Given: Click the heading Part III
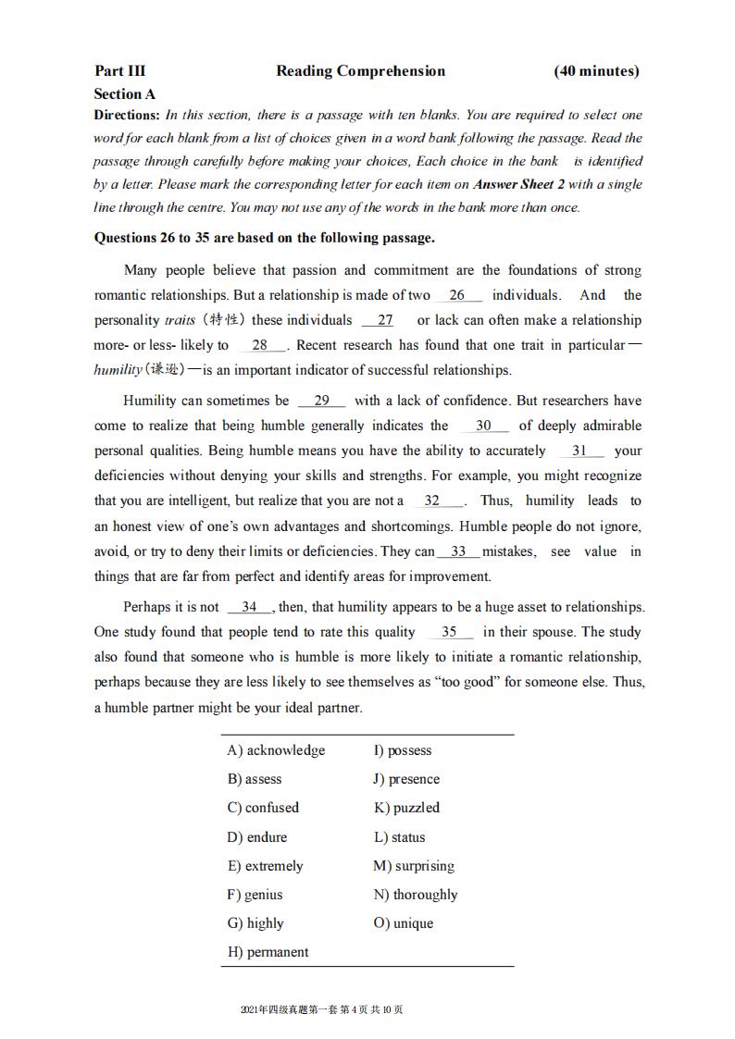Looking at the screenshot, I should [x=119, y=71].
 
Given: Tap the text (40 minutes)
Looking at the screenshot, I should [x=596, y=71].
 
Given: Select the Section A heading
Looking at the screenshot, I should [x=124, y=94].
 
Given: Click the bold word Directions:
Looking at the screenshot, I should [x=128, y=116].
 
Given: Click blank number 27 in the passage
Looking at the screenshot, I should [x=385, y=320].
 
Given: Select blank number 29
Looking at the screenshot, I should [x=322, y=401].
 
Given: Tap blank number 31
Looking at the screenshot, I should [x=579, y=451].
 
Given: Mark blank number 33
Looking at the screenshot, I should [x=458, y=551].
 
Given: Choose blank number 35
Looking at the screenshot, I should [x=449, y=632].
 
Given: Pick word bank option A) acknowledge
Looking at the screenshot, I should [x=276, y=750].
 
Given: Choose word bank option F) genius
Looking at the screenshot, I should [x=255, y=895].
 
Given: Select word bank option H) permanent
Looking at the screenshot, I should [x=268, y=952].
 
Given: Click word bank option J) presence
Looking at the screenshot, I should [x=406, y=779].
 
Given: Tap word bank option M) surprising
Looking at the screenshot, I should [x=414, y=866].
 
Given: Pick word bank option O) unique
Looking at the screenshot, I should [x=403, y=923].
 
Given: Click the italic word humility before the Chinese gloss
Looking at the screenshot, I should [x=118, y=370].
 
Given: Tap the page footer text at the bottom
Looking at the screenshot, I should [x=321, y=1009].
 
